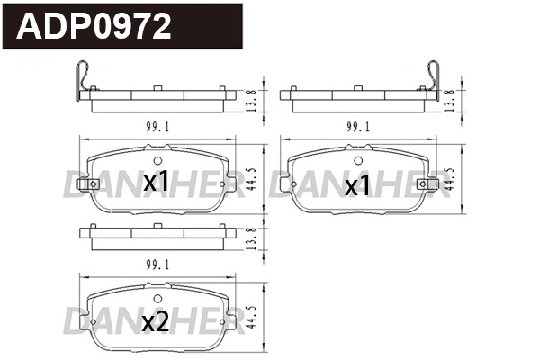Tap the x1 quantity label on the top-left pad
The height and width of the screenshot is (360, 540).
tap(157, 183)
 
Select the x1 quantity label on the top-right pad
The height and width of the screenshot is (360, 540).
tap(358, 186)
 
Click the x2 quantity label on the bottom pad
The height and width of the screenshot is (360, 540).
tap(157, 322)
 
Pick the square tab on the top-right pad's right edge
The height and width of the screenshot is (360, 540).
tap(440, 184)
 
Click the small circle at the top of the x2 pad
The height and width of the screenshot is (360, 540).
tap(157, 299)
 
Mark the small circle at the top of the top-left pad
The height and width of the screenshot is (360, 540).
tap(157, 161)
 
